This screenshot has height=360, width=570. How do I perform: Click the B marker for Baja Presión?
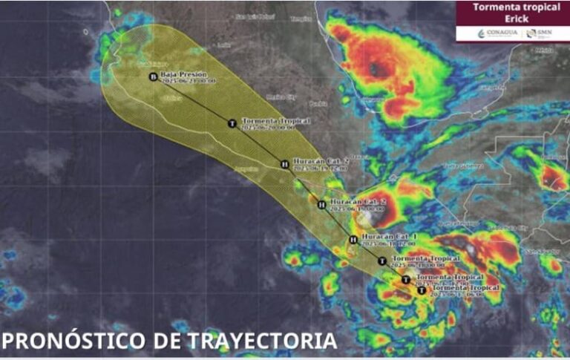[x=154, y=76]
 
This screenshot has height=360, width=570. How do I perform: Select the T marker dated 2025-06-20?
[x=232, y=123]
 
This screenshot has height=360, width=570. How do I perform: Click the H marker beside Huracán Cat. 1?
[x=353, y=239]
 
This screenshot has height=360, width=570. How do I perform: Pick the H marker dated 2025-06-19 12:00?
[x=285, y=164]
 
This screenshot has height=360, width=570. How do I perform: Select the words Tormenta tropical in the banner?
[x=511, y=7]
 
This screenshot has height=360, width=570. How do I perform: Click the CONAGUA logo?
[x=497, y=33]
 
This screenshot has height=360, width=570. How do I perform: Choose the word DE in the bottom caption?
[x=168, y=341]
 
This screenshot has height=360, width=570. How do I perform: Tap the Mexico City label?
[x=281, y=96]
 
